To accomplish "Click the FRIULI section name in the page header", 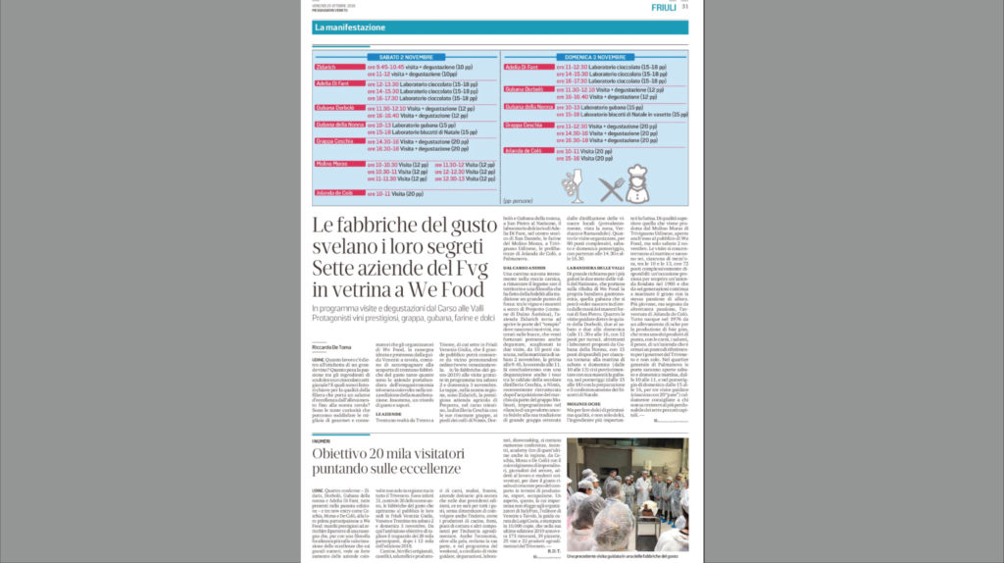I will [x=664, y=7].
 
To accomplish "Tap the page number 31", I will [x=685, y=7].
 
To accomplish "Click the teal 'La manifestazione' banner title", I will [x=350, y=27].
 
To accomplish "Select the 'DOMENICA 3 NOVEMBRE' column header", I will [x=594, y=58].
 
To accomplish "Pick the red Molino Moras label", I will [x=331, y=164].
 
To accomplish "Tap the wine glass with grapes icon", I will [x=573, y=185].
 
